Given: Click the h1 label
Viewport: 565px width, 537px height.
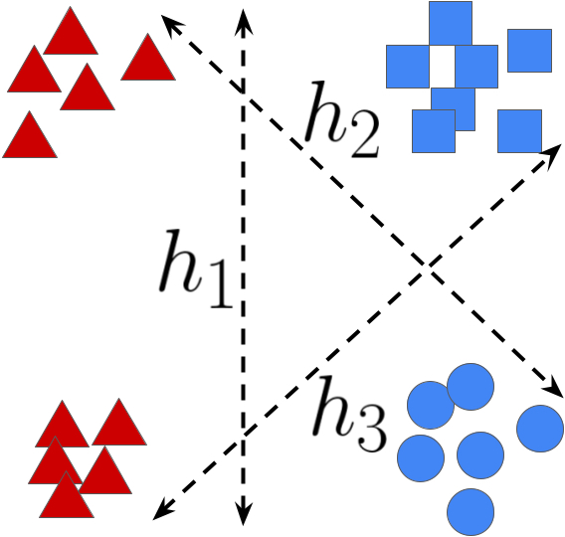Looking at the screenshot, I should (x=196, y=268).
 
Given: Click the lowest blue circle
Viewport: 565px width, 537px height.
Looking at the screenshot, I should (x=471, y=512).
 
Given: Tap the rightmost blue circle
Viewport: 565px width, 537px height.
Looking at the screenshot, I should (x=540, y=428).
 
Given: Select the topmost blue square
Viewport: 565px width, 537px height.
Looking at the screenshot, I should (x=451, y=23).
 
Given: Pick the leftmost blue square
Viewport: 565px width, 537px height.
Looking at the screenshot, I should (x=407, y=67).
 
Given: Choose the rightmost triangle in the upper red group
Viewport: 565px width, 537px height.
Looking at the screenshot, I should (x=148, y=60).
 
